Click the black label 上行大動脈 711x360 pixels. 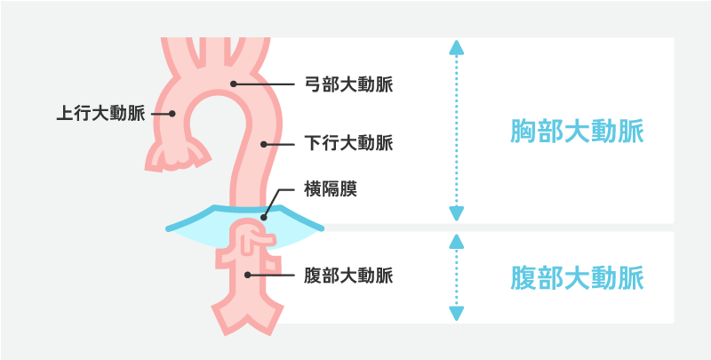pyautogui.click(x=101, y=114)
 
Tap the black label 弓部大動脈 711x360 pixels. pyautogui.click(x=348, y=85)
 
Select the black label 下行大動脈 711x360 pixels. pyautogui.click(x=348, y=142)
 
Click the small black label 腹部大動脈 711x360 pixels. pyautogui.click(x=348, y=274)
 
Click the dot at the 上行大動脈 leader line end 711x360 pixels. pyautogui.click(x=174, y=114)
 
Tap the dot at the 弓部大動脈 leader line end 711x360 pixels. pyautogui.click(x=234, y=85)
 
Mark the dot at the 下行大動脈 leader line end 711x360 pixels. pyautogui.click(x=264, y=142)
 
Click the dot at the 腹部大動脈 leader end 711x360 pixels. pyautogui.click(x=248, y=274)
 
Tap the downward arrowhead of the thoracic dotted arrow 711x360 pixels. pyautogui.click(x=457, y=214)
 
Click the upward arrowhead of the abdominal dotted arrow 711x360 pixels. pyautogui.click(x=457, y=240)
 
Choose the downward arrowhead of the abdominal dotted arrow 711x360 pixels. pyautogui.click(x=457, y=314)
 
